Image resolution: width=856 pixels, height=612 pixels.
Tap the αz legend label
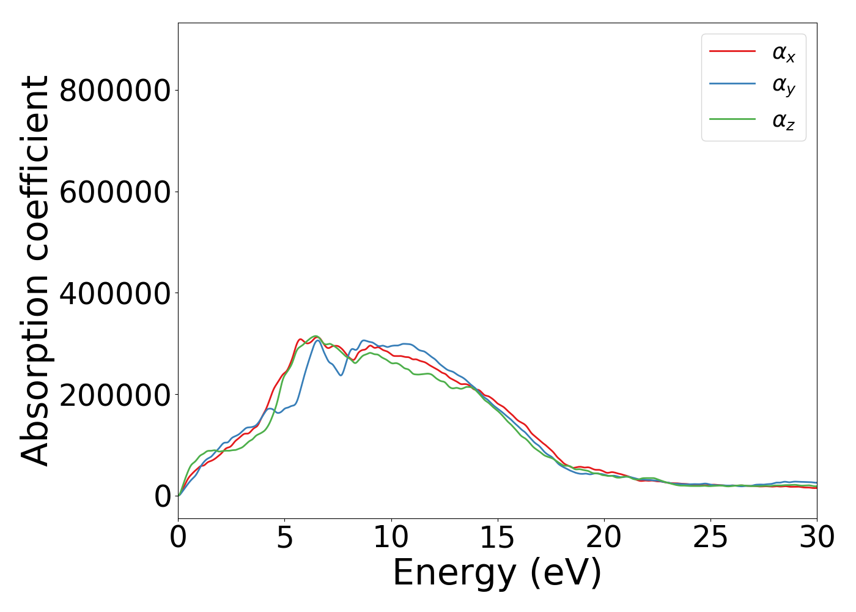point(783,120)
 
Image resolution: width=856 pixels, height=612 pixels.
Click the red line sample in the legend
point(732,51)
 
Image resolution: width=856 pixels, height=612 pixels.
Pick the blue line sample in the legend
point(732,84)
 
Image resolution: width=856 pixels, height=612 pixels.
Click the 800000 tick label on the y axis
point(114,91)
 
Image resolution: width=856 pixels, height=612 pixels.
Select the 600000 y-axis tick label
point(114,192)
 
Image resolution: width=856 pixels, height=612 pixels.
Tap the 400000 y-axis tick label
point(114,294)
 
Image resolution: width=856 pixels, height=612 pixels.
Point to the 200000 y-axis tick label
point(114,395)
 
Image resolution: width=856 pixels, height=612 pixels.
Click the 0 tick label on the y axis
point(162,496)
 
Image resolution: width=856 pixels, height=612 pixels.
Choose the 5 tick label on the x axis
point(284,537)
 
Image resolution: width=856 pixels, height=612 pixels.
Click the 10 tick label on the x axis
point(391,537)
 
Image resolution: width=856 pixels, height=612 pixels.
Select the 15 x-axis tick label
point(497,537)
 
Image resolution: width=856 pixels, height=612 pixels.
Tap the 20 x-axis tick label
point(604,537)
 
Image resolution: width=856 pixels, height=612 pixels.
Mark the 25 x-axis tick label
point(710,537)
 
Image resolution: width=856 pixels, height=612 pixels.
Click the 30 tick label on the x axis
point(817,537)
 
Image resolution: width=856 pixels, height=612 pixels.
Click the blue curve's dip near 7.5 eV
point(341,375)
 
